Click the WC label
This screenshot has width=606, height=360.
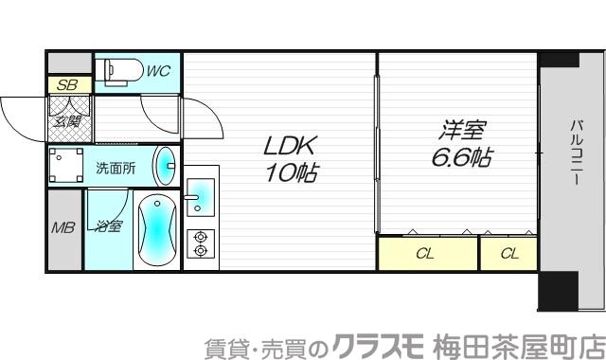tap(158, 69)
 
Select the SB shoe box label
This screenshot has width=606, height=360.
tap(67, 84)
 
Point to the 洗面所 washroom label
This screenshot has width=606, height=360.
tap(116, 168)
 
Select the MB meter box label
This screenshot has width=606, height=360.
tap(63, 227)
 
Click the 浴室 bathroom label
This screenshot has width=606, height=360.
tap(107, 226)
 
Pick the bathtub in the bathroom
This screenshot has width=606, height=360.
tap(154, 231)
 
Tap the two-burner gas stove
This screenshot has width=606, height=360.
tap(200, 243)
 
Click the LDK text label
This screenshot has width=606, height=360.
tap(291, 147)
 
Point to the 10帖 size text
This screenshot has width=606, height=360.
tap(291, 173)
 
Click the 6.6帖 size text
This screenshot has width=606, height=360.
tap(461, 156)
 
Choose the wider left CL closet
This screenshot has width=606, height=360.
tap(427, 253)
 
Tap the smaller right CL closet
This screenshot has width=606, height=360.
tap(508, 253)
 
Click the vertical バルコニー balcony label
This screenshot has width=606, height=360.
tap(575, 152)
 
